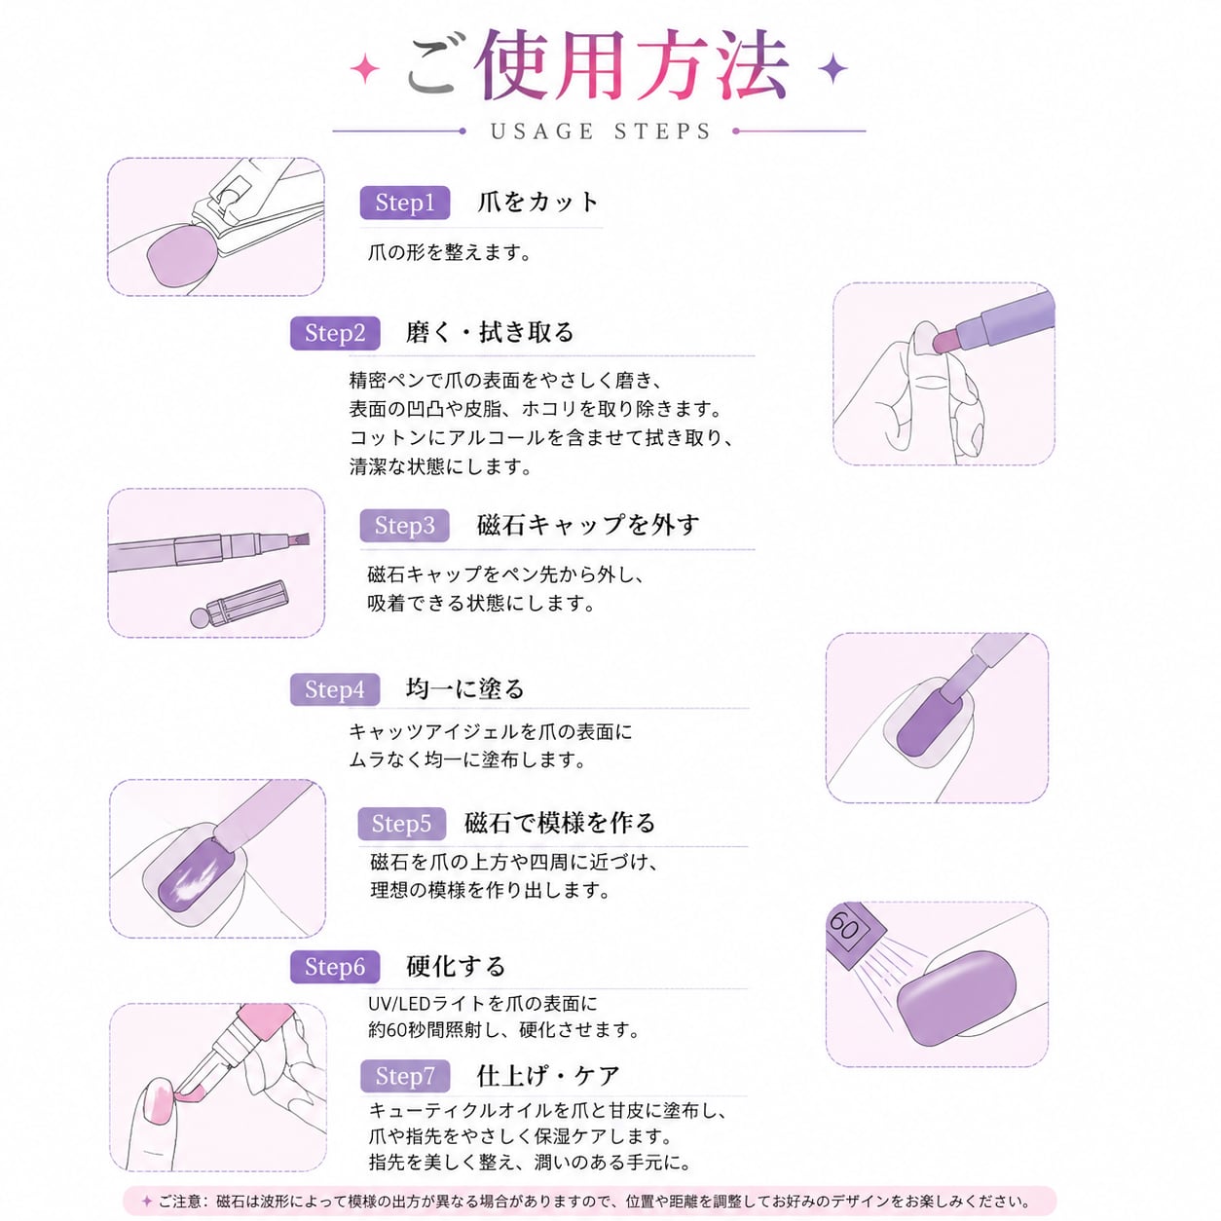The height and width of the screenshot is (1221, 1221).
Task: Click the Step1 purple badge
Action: (405, 203)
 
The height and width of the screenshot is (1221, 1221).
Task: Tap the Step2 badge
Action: (335, 333)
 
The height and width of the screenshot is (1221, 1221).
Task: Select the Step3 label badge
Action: (405, 525)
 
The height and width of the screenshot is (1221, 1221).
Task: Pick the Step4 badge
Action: (335, 689)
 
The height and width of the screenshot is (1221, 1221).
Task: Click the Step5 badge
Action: (402, 824)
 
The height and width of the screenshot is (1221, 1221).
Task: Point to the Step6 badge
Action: (335, 967)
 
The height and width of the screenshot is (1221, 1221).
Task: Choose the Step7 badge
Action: (405, 1076)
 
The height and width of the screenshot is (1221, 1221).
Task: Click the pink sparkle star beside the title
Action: (365, 68)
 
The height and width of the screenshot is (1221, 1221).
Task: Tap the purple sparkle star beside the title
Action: (832, 68)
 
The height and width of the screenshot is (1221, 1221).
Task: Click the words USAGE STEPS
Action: (601, 131)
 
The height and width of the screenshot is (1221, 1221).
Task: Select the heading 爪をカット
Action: (537, 203)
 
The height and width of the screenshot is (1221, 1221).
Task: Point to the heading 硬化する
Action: (457, 966)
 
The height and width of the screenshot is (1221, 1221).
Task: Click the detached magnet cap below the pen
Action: (240, 604)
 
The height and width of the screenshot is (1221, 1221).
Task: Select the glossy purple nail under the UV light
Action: (956, 999)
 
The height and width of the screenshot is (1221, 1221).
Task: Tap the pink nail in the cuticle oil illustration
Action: (156, 1102)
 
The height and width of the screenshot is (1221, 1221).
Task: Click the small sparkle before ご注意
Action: (147, 1201)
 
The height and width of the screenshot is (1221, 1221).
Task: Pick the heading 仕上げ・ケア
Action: (548, 1075)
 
